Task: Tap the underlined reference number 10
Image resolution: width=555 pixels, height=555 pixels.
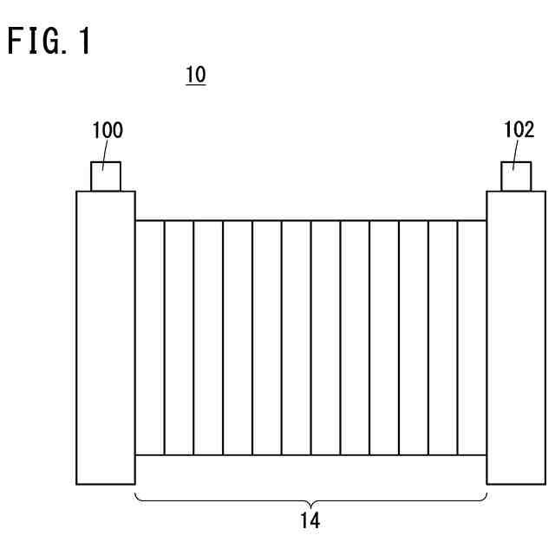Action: (196, 75)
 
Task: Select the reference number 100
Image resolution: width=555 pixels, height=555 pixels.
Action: (108, 131)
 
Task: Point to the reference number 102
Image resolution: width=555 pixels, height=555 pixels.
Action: (519, 131)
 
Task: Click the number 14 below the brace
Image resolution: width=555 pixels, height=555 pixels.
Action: (310, 522)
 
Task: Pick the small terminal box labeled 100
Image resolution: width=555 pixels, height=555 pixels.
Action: (105, 176)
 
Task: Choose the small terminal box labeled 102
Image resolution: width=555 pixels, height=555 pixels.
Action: (516, 176)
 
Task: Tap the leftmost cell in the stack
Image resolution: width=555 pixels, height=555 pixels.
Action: (149, 337)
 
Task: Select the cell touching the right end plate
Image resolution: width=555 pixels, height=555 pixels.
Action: (472, 337)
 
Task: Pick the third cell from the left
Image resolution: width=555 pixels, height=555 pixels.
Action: (208, 337)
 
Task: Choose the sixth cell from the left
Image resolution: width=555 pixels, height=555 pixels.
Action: (296, 337)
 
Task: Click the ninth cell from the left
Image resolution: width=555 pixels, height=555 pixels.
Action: (384, 337)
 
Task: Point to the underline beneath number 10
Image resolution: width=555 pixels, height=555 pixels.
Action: (196, 85)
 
